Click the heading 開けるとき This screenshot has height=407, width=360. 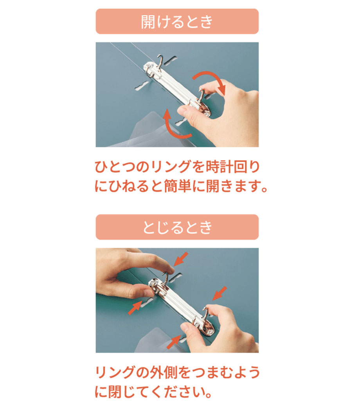(177, 22)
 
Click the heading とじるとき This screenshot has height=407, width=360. (177, 227)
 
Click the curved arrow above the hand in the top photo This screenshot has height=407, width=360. (210, 81)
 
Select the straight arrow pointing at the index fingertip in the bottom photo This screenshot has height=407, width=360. (181, 259)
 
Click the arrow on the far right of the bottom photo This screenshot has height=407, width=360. (220, 294)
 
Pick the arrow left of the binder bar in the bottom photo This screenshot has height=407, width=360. (135, 308)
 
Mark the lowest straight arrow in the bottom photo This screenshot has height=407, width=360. (174, 342)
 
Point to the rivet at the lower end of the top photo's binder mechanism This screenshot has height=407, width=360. (207, 113)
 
